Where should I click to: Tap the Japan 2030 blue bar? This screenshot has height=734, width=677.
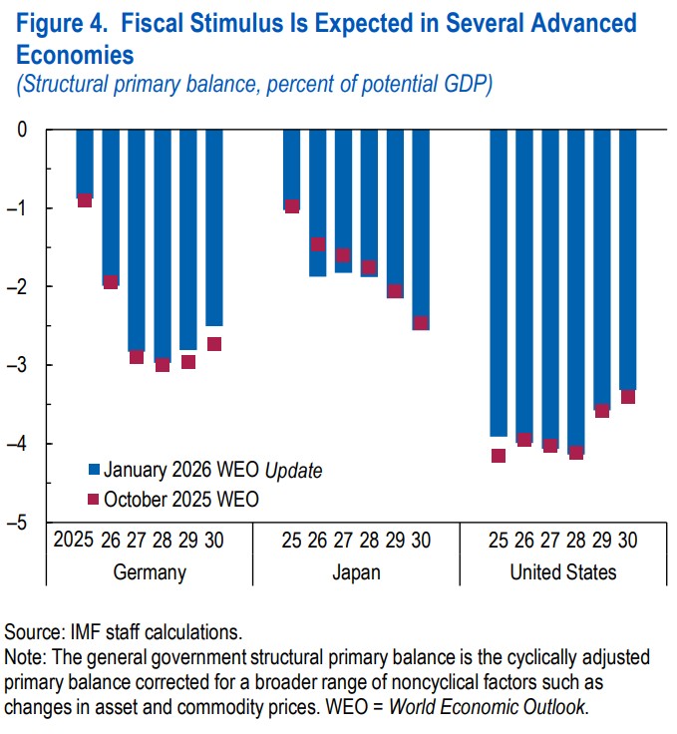(421, 228)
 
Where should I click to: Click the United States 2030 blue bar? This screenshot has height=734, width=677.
(628, 259)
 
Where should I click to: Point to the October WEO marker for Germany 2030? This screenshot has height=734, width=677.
(214, 344)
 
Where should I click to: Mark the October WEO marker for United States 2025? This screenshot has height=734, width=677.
(499, 456)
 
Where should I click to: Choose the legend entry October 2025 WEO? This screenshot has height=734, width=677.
(179, 499)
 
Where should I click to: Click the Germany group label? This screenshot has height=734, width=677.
(151, 572)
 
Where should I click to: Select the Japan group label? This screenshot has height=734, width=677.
(356, 572)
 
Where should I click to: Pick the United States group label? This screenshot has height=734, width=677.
(562, 572)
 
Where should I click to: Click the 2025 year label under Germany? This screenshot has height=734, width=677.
(74, 542)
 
